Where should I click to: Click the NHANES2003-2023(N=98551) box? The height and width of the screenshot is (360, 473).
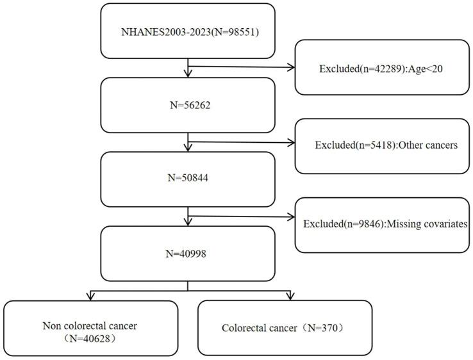click(x=187, y=31)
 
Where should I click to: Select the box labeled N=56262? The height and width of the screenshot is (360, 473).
click(x=187, y=104)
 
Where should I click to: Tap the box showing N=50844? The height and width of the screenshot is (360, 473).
click(x=187, y=179)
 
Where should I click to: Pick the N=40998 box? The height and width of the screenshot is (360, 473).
click(x=187, y=253)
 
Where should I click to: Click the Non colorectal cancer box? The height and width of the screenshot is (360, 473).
click(x=90, y=327)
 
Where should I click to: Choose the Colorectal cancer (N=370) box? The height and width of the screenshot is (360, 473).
click(x=285, y=327)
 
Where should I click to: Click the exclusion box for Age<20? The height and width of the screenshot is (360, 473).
click(x=382, y=67)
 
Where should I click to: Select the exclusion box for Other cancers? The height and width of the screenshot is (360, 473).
click(x=382, y=145)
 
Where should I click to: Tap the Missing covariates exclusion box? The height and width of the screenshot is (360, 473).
click(x=382, y=225)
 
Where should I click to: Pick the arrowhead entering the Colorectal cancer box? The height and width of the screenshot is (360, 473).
click(x=290, y=296)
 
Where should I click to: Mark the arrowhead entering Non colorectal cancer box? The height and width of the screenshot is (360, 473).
click(x=90, y=296)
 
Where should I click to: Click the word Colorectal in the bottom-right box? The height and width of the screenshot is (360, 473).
click(x=244, y=328)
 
